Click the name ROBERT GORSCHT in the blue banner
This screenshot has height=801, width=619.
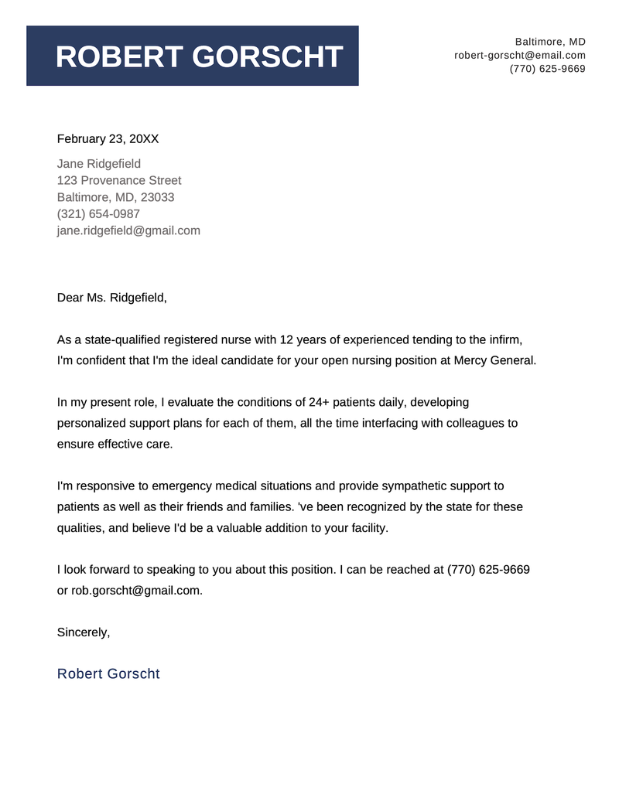tap(200, 57)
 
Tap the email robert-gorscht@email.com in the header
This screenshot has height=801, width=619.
tap(520, 55)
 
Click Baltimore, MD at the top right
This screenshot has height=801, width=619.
tap(550, 41)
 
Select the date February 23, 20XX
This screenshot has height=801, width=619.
tap(108, 139)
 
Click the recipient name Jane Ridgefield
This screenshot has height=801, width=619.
tap(99, 164)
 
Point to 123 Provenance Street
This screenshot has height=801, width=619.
tap(119, 180)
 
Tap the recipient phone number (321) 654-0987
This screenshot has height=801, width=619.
tap(98, 214)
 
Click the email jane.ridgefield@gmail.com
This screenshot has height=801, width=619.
tap(128, 230)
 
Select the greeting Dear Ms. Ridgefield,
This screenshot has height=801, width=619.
tap(111, 298)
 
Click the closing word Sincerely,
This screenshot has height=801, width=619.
tap(84, 632)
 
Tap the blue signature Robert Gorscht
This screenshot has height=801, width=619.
tap(108, 673)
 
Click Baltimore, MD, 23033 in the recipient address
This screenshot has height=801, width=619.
tap(115, 197)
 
